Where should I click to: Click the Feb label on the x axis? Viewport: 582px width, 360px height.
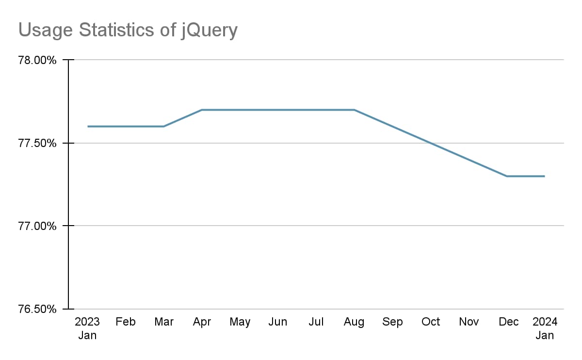coord(126,322)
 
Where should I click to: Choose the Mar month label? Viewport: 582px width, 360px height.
coord(164,322)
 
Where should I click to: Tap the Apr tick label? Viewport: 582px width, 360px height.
coord(202,322)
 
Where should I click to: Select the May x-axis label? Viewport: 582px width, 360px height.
coord(240,322)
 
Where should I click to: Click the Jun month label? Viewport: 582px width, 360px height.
coord(278,322)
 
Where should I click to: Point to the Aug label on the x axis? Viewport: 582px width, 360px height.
coord(354,322)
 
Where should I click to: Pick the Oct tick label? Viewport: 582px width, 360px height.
coord(431,322)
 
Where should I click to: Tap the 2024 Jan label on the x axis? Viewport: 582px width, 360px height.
coord(545,328)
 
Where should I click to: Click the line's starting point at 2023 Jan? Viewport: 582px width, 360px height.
coord(88,127)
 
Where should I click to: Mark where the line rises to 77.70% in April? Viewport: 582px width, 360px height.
coord(202,110)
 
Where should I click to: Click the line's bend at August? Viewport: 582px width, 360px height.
coord(354,110)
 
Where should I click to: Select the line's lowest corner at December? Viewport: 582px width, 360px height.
coord(507,176)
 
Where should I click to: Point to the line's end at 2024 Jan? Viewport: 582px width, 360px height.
coord(545,176)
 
